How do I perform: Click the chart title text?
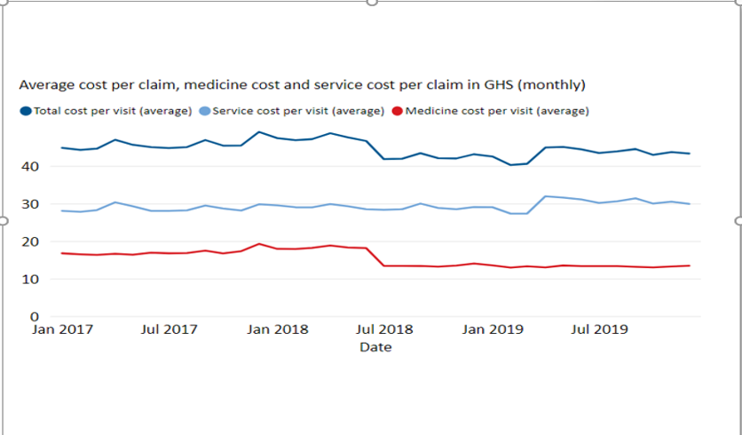coord(302,85)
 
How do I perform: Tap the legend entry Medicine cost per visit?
coord(497,111)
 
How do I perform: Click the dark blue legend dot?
coord(25,111)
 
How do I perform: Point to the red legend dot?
coord(398,111)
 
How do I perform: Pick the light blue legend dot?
coord(205,111)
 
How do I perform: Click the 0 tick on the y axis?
coord(34,316)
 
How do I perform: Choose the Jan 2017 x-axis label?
coord(62,329)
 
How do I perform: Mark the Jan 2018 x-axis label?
coord(278,329)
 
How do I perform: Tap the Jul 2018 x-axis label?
coord(384,329)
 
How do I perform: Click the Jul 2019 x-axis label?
coord(598,329)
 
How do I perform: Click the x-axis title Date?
coord(375,347)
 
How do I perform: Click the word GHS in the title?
coord(497,85)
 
